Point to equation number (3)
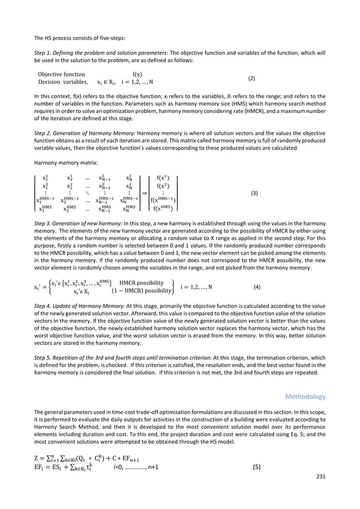[254, 193]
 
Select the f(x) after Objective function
[137, 73]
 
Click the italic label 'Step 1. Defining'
[57, 52]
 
